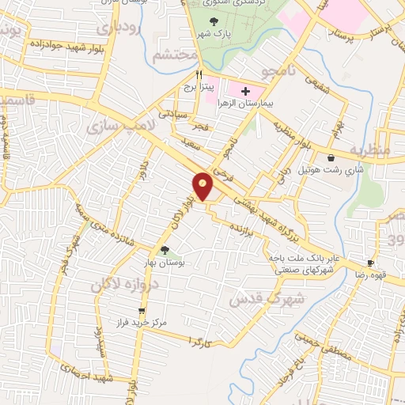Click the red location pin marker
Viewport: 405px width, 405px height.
(203, 187)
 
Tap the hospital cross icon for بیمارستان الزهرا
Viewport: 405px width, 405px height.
(245, 92)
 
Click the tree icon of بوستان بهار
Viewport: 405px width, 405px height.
(165, 251)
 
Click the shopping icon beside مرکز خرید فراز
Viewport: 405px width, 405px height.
(142, 311)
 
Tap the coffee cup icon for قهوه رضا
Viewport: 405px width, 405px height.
(370, 263)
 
